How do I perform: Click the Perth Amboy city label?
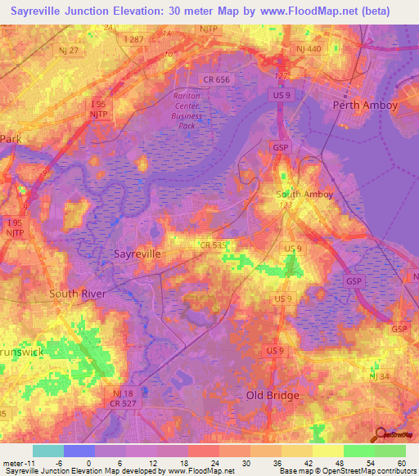(x=365, y=106)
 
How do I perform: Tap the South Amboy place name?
(x=304, y=194)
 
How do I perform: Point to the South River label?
(x=79, y=293)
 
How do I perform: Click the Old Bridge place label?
(x=274, y=395)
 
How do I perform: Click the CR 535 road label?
(x=213, y=245)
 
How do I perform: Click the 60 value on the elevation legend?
(x=401, y=464)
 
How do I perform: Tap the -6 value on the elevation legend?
(x=47, y=464)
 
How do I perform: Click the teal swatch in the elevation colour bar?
(x=48, y=451)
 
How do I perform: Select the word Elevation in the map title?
(x=143, y=11)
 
